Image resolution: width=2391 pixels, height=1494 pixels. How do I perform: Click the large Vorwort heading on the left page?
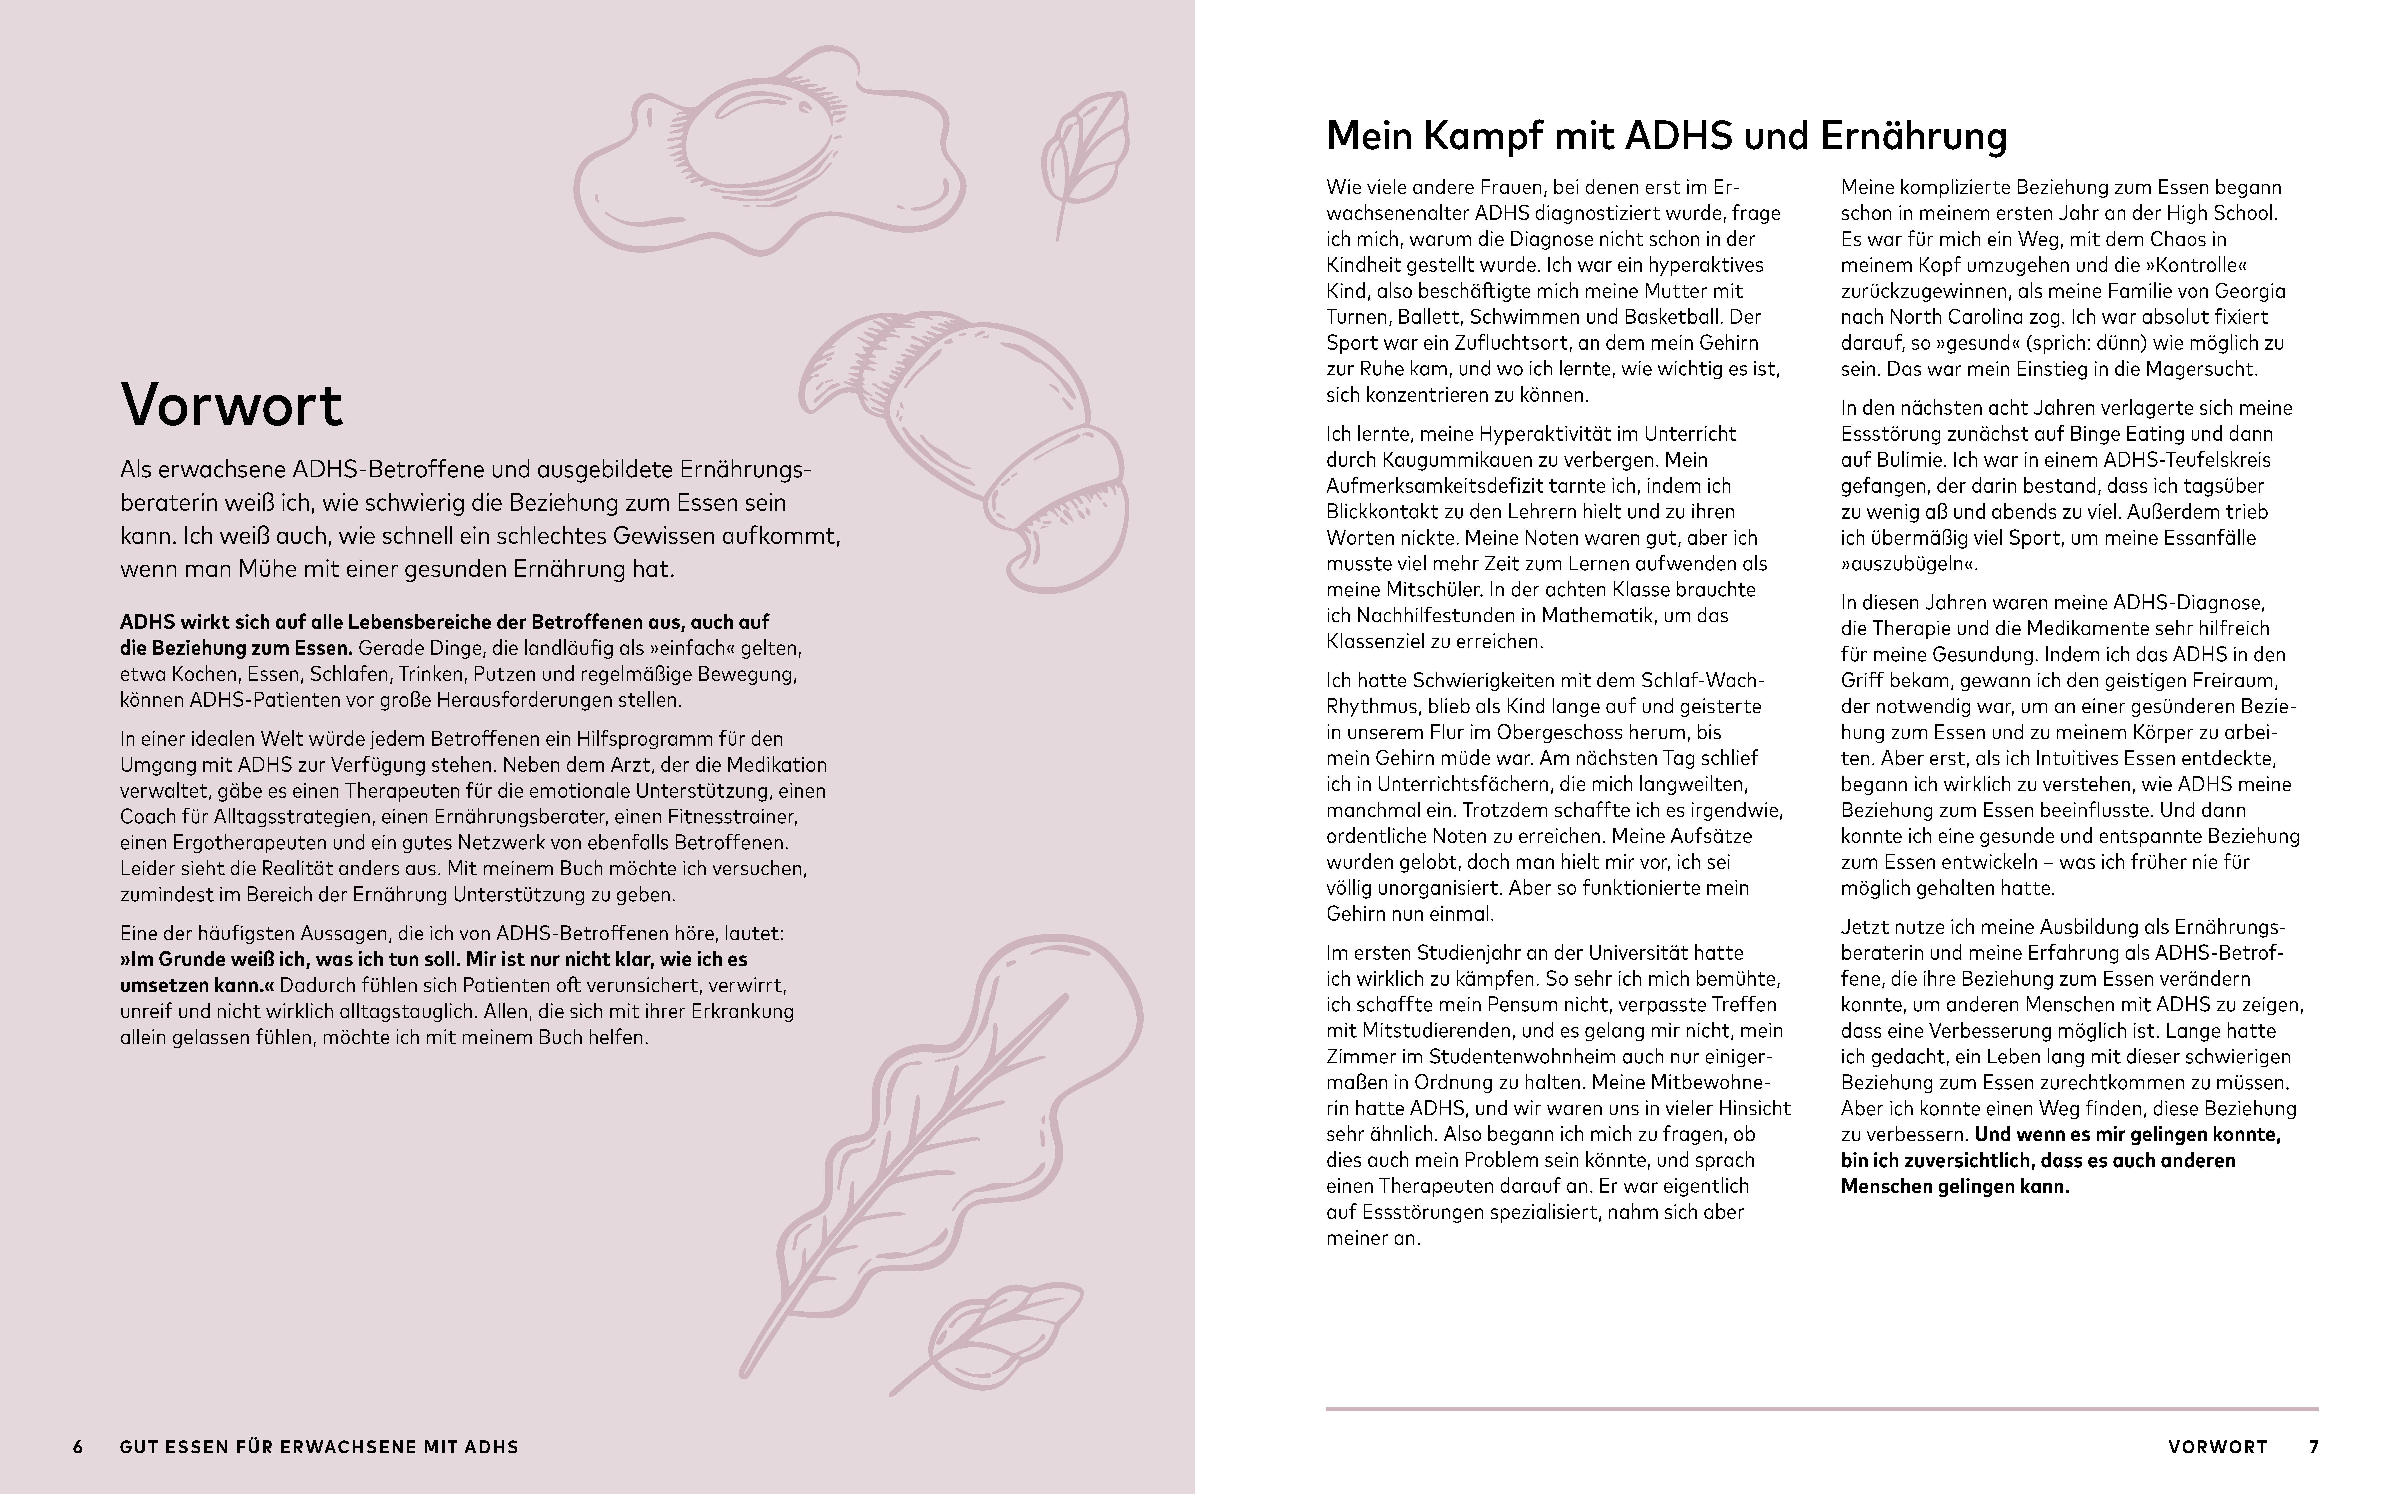(231, 404)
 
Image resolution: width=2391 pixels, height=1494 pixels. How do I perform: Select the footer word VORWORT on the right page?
(2217, 1447)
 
